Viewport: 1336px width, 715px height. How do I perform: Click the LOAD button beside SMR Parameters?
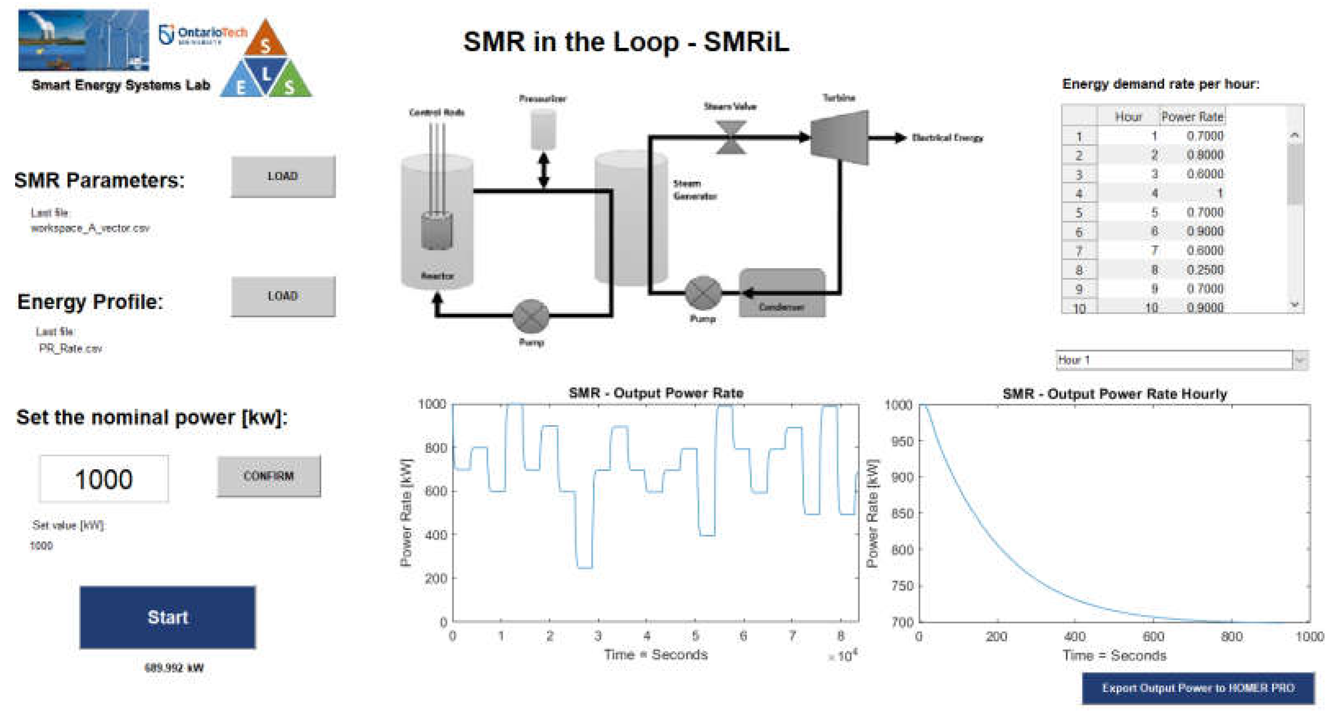pos(283,176)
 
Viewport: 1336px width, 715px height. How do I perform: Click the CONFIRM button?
pos(269,476)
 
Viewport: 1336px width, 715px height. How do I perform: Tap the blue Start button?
pos(168,617)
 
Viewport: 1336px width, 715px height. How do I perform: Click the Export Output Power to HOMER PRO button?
pos(1198,688)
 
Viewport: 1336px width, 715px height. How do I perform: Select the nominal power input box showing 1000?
pos(104,479)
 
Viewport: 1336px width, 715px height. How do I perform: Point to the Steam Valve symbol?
pos(731,137)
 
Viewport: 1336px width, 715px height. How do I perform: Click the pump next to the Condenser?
pos(703,293)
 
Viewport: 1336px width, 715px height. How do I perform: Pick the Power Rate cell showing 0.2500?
pos(1205,270)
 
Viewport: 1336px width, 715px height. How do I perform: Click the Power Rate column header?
pos(1192,117)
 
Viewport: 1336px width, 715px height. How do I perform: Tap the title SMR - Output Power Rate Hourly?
pos(1115,394)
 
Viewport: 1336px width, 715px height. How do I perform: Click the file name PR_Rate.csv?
pos(70,348)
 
